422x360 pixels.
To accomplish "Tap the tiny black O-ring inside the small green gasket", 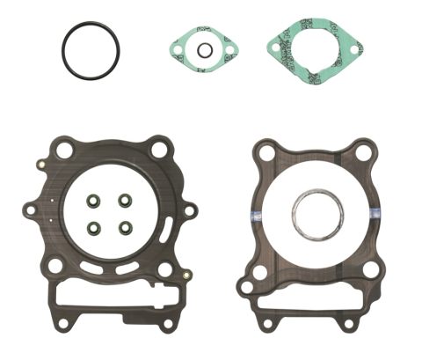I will pos(203,50).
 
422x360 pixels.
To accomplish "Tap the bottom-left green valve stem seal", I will pos(92,228).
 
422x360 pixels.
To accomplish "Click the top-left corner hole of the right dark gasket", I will pos(265,154).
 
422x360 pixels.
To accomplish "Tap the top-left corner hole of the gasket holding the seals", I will pos(62,150).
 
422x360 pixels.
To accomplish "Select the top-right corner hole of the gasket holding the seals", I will pos(159,150).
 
